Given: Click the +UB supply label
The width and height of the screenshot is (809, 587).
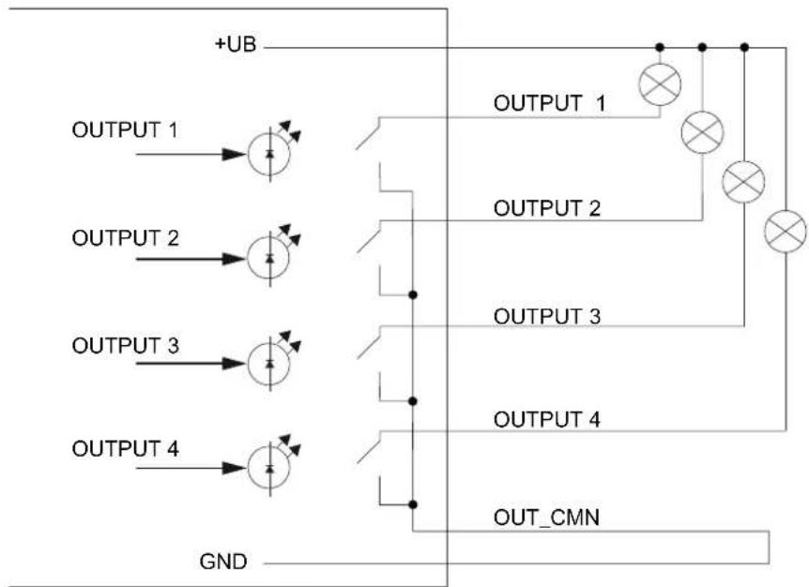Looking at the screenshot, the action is coord(236,44).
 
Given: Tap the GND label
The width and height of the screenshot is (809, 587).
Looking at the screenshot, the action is coord(223,562).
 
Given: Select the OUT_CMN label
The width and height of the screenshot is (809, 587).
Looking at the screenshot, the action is coord(546,518).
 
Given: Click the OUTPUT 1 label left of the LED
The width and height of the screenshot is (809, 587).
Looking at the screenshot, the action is coord(125,130).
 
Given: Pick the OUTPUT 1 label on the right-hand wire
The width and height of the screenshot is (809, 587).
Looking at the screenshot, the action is coord(549,103).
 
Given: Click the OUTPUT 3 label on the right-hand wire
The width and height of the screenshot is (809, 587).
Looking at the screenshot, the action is coord(547,316).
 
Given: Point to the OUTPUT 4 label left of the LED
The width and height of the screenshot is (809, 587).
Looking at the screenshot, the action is coord(126,449).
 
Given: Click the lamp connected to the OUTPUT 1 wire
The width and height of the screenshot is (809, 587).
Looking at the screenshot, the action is coord(660,84).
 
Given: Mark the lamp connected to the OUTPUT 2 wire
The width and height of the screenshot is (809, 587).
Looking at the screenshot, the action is coord(702,132).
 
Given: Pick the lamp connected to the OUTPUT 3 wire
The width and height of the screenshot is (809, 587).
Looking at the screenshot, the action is coord(743,181).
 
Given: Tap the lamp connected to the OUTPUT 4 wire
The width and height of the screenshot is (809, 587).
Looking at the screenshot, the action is coord(786,231).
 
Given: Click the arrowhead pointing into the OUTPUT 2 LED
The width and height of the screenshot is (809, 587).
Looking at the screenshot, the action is coord(234,259).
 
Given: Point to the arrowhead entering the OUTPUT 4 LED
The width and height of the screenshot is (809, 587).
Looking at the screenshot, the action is coord(234,468).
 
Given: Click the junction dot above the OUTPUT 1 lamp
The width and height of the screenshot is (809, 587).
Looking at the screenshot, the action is coord(660,48).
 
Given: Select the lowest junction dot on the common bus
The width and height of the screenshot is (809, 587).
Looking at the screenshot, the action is coord(413,504).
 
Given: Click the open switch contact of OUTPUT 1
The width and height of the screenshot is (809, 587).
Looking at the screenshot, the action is coord(368,133).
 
